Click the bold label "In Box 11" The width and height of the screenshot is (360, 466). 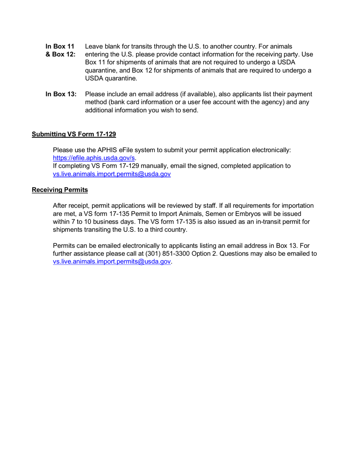click(x=60, y=47)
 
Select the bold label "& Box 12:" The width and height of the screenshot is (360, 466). click(x=61, y=55)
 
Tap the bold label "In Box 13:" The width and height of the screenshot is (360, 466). click(x=61, y=94)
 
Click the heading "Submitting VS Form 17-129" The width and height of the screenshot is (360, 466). click(x=74, y=134)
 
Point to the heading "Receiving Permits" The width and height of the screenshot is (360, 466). click(x=60, y=190)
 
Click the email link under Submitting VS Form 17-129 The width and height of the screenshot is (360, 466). click(x=112, y=174)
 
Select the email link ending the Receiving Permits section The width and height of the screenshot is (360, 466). click(x=112, y=262)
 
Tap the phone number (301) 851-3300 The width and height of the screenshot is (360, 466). click(x=168, y=254)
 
